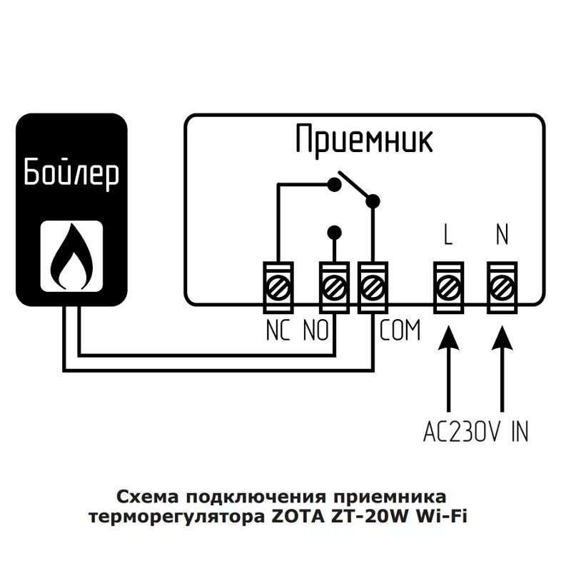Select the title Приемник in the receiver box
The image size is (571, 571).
pyautogui.click(x=365, y=140)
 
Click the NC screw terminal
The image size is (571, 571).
pyautogui.click(x=278, y=288)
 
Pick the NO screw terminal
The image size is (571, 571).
pyautogui.click(x=333, y=288)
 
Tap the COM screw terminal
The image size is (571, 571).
pyautogui.click(x=373, y=288)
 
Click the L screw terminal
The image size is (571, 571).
pyautogui.click(x=448, y=288)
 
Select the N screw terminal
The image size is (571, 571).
pyautogui.click(x=502, y=288)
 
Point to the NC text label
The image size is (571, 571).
pyautogui.click(x=278, y=331)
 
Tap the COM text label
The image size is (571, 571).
pyautogui.click(x=400, y=331)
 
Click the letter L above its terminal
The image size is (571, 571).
pyautogui.click(x=448, y=236)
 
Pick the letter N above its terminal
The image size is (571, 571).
pyautogui.click(x=502, y=236)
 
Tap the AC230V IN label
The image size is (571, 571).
pyautogui.click(x=475, y=432)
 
